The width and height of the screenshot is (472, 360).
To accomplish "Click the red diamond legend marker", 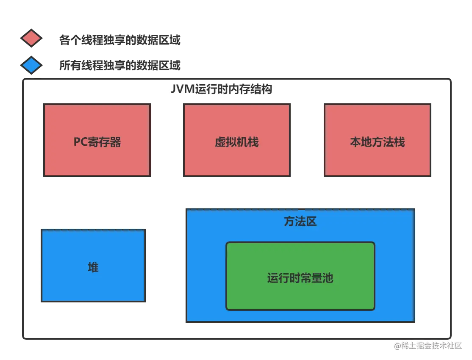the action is [x=31, y=39].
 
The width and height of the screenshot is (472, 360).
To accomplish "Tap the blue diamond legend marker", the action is [x=31, y=65].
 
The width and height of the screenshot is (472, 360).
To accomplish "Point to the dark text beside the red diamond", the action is [x=120, y=41].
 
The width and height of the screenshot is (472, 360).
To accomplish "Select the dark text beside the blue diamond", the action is [x=120, y=65].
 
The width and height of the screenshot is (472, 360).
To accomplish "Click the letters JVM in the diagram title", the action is [x=183, y=90].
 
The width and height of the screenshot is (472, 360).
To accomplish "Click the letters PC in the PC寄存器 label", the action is [x=81, y=142].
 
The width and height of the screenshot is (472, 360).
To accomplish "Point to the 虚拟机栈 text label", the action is [x=236, y=142].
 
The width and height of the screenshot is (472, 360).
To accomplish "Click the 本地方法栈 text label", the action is [x=377, y=142].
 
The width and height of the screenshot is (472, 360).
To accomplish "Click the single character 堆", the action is [x=93, y=267].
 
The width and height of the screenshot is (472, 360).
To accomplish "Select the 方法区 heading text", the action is [x=300, y=222].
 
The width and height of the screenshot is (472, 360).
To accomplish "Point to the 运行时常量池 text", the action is [x=300, y=278].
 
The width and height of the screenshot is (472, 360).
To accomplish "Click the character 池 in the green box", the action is [x=328, y=278].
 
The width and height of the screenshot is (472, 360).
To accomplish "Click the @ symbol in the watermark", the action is [x=397, y=345].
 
